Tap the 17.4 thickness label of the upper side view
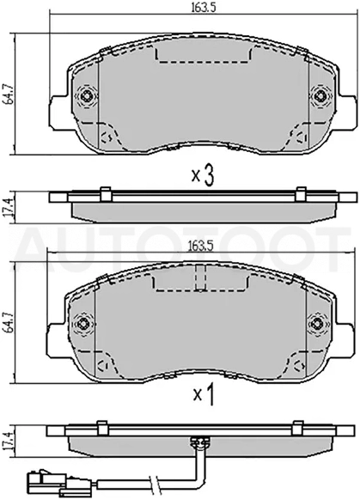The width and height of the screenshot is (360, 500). [7, 207]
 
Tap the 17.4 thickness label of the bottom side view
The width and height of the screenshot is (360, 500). [6, 441]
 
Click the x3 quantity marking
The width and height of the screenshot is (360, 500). [203, 176]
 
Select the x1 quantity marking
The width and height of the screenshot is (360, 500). [203, 396]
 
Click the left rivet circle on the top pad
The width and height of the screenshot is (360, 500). [87, 95]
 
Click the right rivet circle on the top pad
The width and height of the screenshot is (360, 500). [320, 95]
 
